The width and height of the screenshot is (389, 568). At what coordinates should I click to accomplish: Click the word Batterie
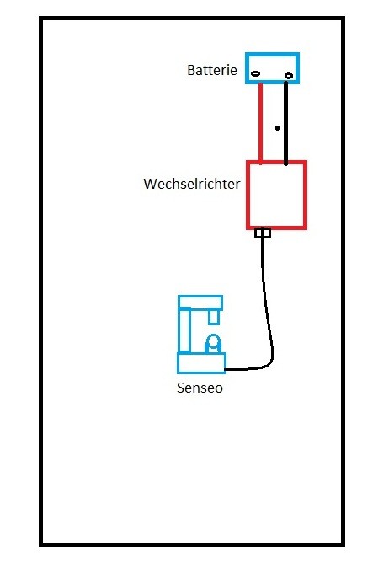pos(212,70)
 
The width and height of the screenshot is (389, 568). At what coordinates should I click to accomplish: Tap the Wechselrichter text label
pos(192,184)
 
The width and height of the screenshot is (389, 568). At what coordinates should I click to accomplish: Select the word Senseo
pos(200,388)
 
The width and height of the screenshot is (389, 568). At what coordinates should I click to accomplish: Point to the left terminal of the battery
pos(255,74)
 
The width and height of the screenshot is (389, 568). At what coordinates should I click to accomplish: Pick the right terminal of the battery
pos(289,76)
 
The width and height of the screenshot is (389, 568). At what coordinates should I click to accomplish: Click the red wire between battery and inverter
pos(260,122)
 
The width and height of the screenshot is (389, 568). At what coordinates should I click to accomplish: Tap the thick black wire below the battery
pos(285,123)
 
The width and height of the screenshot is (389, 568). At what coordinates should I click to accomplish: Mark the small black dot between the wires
pos(277,128)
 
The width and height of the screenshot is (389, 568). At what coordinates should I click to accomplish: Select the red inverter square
pos(248,195)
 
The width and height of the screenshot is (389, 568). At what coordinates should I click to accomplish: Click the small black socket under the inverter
pos(263,233)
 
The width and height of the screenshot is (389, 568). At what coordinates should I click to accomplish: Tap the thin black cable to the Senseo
pos(267,312)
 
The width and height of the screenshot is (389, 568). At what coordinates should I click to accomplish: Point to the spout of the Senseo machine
pos(213,316)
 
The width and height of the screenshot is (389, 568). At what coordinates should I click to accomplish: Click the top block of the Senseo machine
pos(200,297)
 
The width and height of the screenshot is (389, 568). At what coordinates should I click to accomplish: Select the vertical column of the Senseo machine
pos(184,330)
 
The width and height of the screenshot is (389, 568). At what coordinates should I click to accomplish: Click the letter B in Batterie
pos(191,70)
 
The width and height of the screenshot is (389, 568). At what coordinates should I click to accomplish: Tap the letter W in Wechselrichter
pos(151,184)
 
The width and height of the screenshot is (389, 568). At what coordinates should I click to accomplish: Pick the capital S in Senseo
pos(181,388)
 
